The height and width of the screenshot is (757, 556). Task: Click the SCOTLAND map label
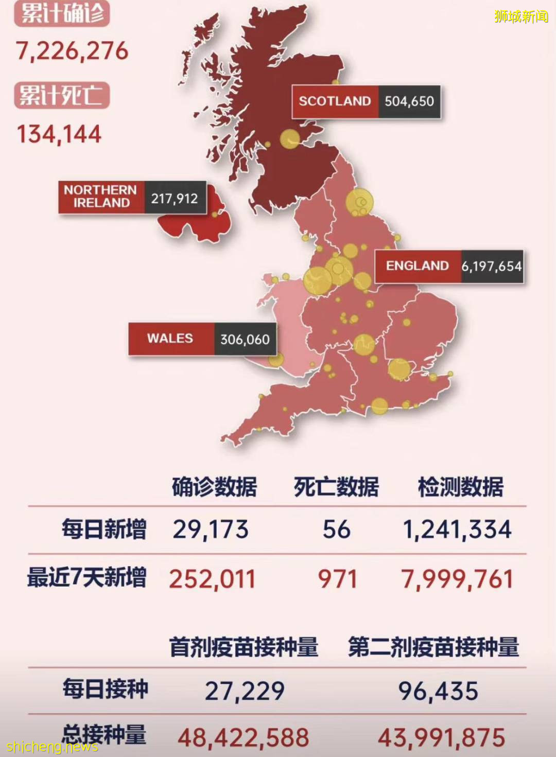pyautogui.click(x=335, y=101)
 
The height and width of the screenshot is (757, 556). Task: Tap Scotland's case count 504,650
pyautogui.click(x=409, y=101)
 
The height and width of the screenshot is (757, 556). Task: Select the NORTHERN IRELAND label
pyautogui.click(x=101, y=197)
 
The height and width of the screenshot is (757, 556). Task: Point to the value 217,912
pyautogui.click(x=175, y=198)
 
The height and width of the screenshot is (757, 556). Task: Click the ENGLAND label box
pyautogui.click(x=418, y=266)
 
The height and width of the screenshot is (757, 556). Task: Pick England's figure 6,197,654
pyautogui.click(x=492, y=266)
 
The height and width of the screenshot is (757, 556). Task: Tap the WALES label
pyautogui.click(x=170, y=339)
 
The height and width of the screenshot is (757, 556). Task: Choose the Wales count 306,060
pyautogui.click(x=245, y=340)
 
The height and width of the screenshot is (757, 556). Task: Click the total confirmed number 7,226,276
pyautogui.click(x=72, y=51)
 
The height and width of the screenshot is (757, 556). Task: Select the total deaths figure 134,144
pyautogui.click(x=59, y=134)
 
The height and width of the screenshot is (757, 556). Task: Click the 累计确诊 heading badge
pyautogui.click(x=62, y=13)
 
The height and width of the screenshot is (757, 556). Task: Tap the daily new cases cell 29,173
pyautogui.click(x=211, y=530)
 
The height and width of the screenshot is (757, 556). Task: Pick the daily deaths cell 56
pyautogui.click(x=337, y=530)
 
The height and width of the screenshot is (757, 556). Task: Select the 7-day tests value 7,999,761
pyautogui.click(x=457, y=579)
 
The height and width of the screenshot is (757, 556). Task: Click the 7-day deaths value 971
pyautogui.click(x=337, y=579)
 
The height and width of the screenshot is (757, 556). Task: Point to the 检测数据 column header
pyautogui.click(x=460, y=487)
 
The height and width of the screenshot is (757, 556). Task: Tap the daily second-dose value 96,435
pyautogui.click(x=438, y=691)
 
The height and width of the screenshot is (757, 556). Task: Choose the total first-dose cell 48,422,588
pyautogui.click(x=244, y=738)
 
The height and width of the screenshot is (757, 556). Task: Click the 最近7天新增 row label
pyautogui.click(x=86, y=577)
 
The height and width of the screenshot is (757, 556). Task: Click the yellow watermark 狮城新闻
pyautogui.click(x=521, y=16)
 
